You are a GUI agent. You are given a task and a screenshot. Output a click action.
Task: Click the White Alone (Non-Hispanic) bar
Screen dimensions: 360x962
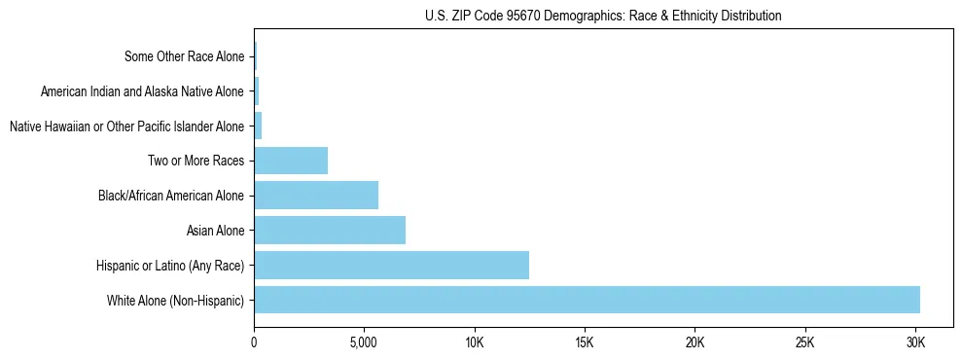click(587, 300)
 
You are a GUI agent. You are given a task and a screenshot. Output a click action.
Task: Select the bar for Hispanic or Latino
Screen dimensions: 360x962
click(391, 265)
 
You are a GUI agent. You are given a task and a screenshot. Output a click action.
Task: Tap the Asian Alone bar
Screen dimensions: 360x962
click(330, 230)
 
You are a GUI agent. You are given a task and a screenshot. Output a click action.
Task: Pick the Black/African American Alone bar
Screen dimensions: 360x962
click(316, 195)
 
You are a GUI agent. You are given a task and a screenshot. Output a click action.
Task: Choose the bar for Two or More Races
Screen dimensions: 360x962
click(291, 161)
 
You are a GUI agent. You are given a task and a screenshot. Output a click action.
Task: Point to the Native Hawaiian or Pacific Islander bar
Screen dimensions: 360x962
click(258, 126)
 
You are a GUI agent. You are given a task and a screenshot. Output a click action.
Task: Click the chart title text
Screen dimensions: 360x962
click(603, 16)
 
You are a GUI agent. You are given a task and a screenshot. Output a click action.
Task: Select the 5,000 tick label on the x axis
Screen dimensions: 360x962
click(364, 342)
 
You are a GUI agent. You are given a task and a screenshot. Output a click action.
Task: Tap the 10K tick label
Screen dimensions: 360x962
click(475, 342)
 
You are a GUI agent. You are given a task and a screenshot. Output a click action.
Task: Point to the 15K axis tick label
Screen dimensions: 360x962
click(585, 342)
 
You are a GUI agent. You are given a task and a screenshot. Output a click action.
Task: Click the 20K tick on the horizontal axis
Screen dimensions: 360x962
click(695, 342)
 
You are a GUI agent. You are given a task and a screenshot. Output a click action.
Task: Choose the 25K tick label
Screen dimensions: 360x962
click(804, 342)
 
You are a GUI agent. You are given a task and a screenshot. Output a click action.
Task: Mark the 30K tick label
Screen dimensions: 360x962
click(915, 342)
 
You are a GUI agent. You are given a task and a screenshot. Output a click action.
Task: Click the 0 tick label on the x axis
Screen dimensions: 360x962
click(254, 342)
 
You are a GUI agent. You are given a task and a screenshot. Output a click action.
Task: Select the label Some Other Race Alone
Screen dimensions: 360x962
click(185, 56)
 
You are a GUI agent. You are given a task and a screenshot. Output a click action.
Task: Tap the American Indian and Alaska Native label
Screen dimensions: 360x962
click(143, 91)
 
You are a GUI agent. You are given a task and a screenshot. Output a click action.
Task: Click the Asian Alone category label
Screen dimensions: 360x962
click(215, 231)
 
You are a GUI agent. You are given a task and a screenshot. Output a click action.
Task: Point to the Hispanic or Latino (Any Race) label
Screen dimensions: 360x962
click(170, 266)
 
